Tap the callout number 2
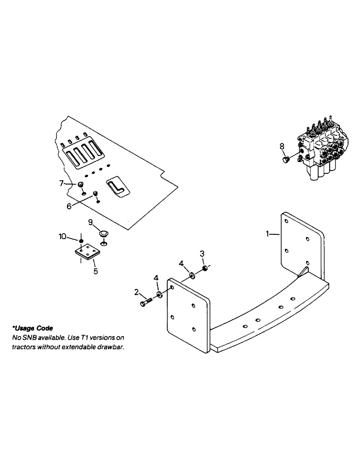click(x=137, y=292)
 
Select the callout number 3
click(x=202, y=253)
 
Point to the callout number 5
click(x=96, y=271)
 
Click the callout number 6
click(x=69, y=206)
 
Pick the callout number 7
click(x=62, y=184)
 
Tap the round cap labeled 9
click(x=104, y=233)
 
